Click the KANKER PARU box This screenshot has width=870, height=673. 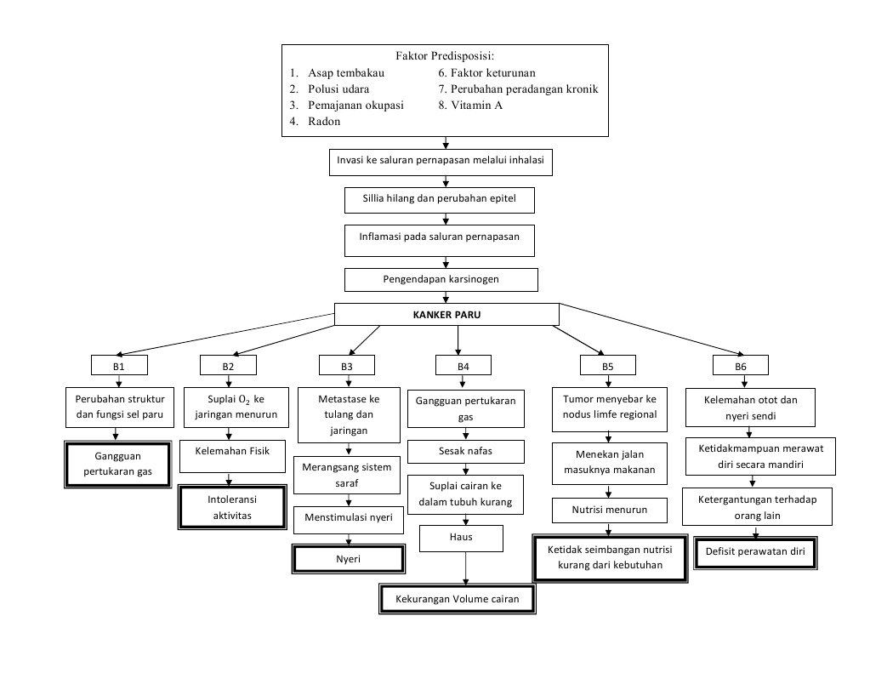(446, 314)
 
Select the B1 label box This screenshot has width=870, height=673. (119, 366)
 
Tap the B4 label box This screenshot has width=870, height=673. (463, 366)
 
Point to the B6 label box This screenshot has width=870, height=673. (741, 366)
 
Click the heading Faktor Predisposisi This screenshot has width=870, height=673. (445, 56)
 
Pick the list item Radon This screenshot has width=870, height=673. (324, 122)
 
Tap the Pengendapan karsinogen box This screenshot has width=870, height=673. (441, 279)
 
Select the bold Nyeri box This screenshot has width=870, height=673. (347, 560)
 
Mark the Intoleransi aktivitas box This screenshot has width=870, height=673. (230, 508)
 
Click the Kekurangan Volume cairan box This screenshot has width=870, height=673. (458, 600)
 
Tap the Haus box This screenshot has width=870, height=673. (462, 538)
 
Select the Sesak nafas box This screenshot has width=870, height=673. (465, 450)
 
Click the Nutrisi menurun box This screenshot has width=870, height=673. (609, 510)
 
